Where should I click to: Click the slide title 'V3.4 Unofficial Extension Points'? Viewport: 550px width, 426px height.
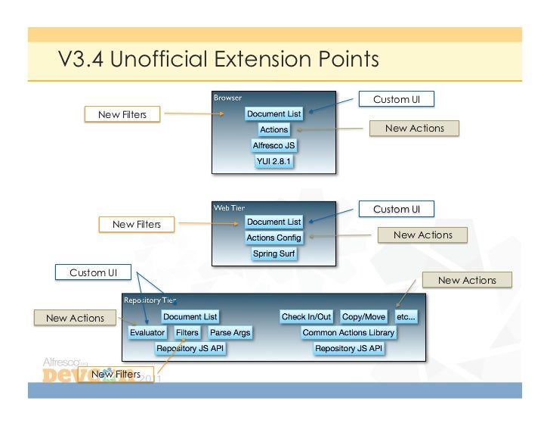pos(218,58)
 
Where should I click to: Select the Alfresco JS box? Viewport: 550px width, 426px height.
pos(273,145)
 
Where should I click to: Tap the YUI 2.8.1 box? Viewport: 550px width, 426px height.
pos(273,161)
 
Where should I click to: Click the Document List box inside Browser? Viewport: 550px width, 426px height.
pos(273,113)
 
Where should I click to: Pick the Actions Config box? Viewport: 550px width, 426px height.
pos(273,238)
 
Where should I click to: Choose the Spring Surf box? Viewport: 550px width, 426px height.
pos(273,253)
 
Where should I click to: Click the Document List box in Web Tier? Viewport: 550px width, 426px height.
pos(273,222)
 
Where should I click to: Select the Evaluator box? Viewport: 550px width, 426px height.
pos(147,332)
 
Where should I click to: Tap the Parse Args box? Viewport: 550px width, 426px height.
pos(230,332)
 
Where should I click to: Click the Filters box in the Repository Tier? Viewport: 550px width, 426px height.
pos(187,332)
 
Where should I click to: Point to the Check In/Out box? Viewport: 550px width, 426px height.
pos(306,316)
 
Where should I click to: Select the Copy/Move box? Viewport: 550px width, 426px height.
pos(363,316)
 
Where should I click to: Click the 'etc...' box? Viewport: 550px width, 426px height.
pos(406,316)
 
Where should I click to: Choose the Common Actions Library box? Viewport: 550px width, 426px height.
pos(348,332)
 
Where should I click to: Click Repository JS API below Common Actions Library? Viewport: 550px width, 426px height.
pos(349,348)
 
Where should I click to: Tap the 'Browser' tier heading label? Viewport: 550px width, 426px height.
pos(227,98)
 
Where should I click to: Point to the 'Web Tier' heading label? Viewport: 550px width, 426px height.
pos(229,207)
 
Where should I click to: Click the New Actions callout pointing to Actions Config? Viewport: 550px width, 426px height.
pos(423,235)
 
